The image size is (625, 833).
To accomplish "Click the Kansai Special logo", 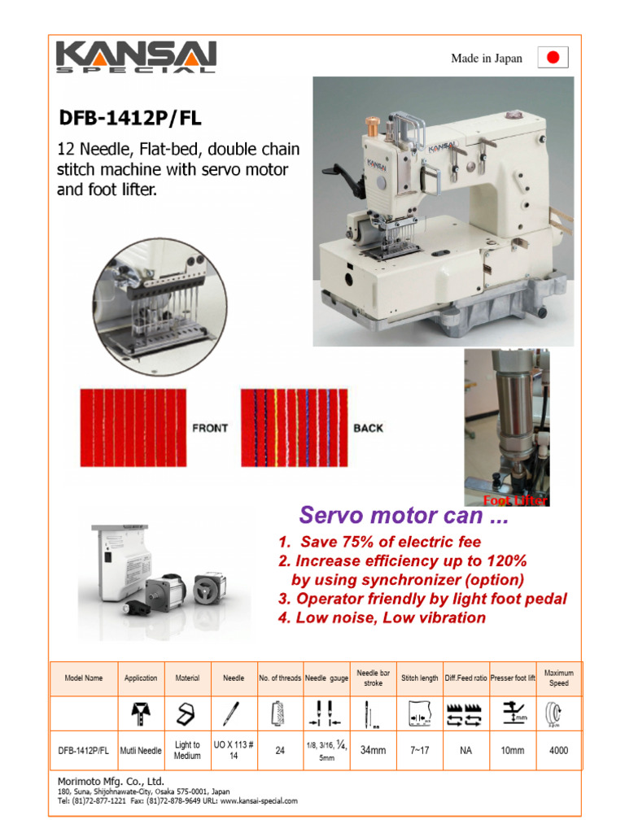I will tap(136, 58).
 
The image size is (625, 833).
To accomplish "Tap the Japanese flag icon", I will tap(553, 58).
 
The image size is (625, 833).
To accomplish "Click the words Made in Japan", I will tap(487, 59).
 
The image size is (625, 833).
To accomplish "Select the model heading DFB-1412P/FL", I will tap(130, 119).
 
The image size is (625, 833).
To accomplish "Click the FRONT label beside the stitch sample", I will tap(210, 428).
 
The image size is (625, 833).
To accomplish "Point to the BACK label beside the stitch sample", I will tap(368, 428).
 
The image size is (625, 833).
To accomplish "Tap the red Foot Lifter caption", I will tap(516, 500).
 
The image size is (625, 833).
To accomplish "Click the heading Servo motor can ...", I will tap(403, 515).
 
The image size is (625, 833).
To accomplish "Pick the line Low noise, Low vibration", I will tap(382, 617).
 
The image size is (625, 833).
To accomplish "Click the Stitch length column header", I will tap(420, 678).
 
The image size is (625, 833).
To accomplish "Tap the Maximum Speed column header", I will tap(558, 678).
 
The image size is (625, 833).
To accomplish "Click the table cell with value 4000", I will tap(558, 751).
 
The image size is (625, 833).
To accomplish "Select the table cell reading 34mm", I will tap(373, 751).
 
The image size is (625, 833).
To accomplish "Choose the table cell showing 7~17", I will tap(420, 751).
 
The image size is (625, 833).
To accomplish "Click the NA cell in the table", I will tap(465, 751).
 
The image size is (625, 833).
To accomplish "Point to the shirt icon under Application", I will tap(141, 714).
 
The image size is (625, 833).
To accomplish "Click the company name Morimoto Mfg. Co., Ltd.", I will tap(111, 781).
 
